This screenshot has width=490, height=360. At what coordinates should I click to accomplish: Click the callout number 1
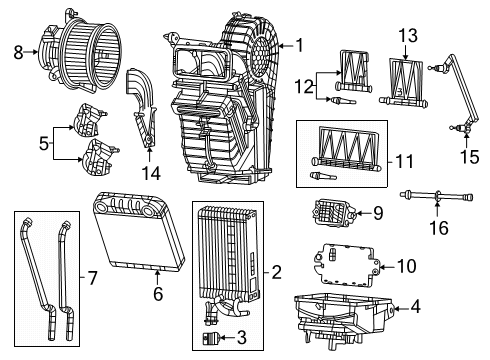[299, 45]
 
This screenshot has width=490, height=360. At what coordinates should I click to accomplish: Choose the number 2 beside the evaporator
[277, 270]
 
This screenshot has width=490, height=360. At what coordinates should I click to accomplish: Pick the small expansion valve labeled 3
[210, 339]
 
